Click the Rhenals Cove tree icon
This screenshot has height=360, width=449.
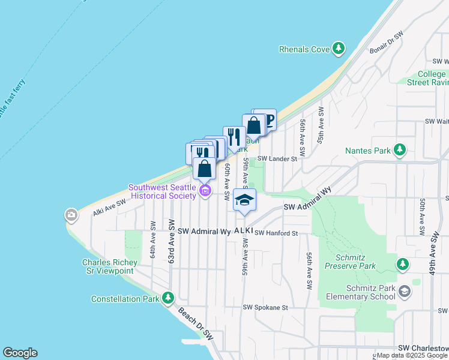pos(339,49)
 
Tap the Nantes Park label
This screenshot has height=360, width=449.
pos(367,151)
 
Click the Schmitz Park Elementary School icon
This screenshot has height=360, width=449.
pos(405,291)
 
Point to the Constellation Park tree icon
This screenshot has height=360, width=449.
pos(168,298)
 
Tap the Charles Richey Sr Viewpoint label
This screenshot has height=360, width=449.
pos(108,266)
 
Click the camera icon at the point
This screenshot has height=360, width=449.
pos(71,214)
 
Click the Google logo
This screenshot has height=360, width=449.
pos(20,353)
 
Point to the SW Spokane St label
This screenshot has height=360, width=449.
pos(265,307)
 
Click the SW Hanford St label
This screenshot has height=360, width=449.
pos(276,233)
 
